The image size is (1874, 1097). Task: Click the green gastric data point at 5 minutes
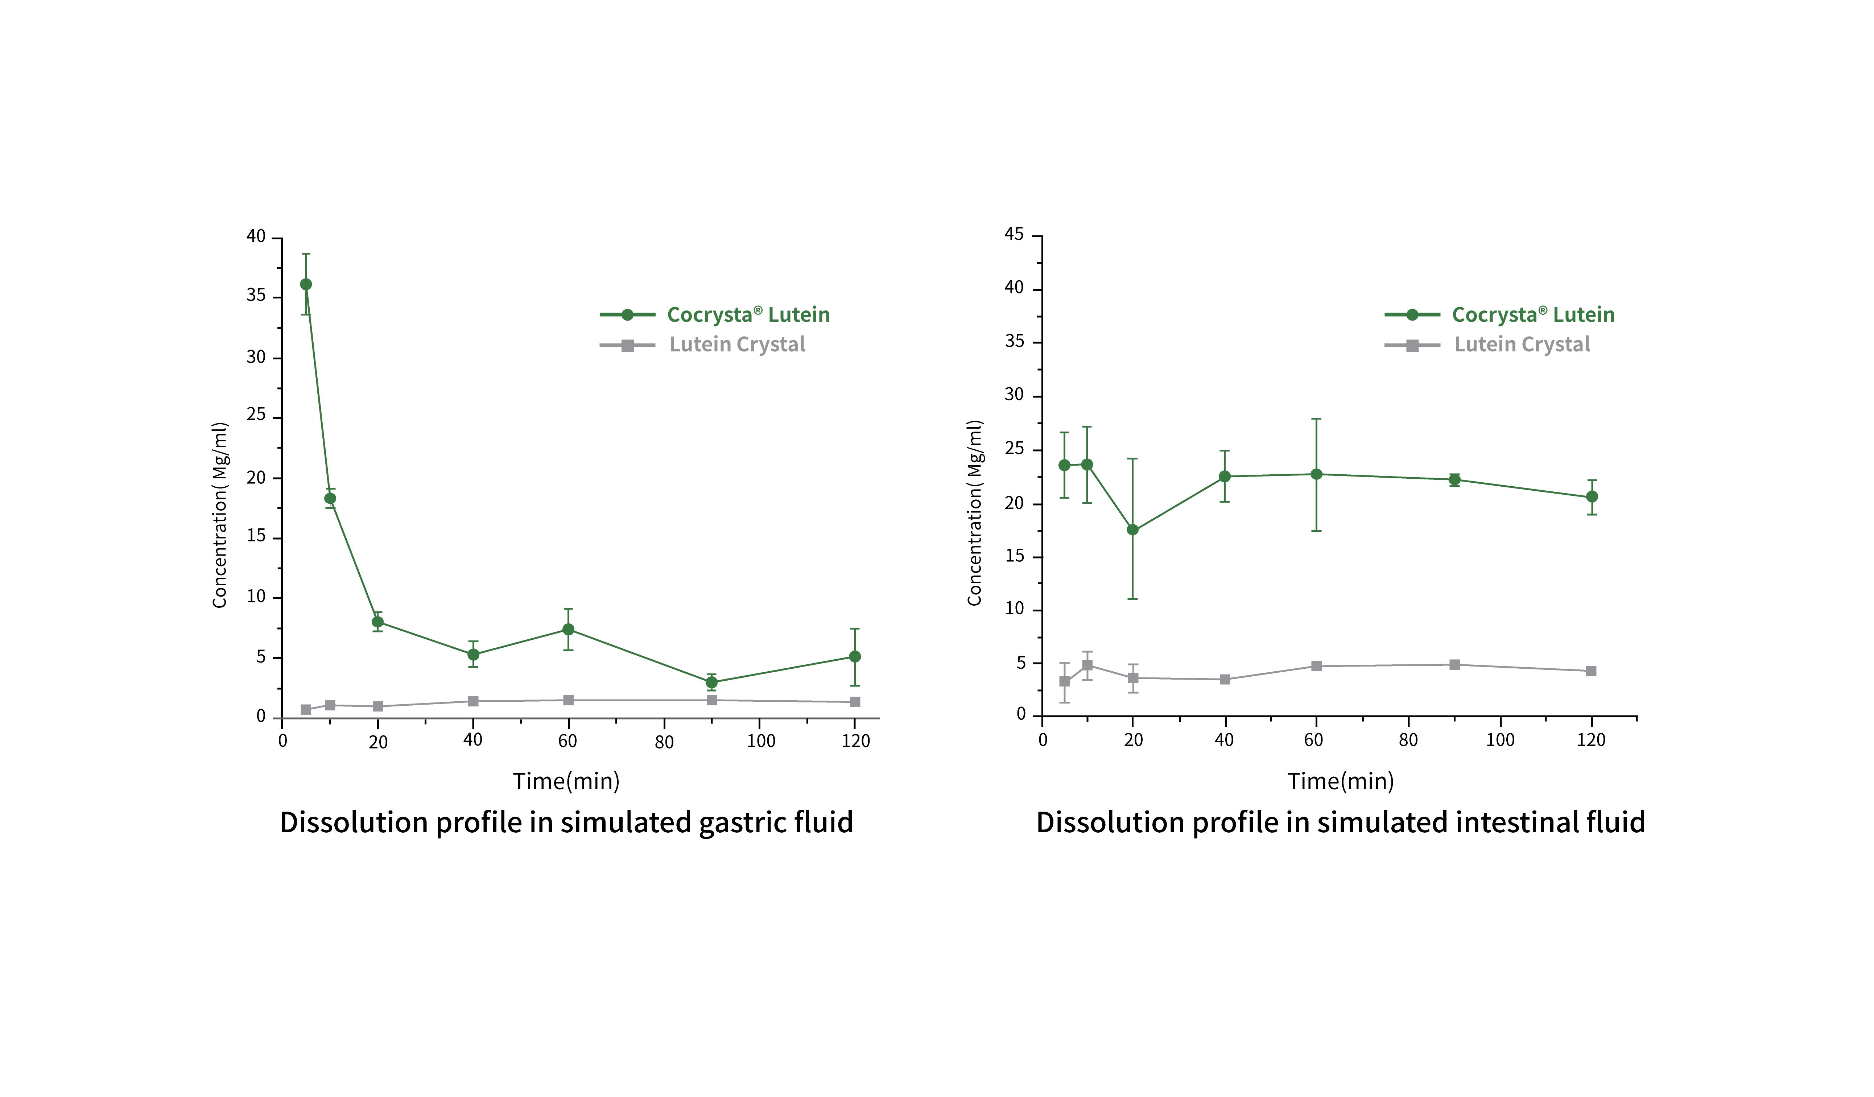306,284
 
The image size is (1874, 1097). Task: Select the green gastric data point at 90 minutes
712,682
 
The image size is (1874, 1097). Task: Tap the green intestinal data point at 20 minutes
1132,529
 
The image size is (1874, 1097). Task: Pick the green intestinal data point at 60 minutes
1316,474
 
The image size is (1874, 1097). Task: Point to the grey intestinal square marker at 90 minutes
1454,664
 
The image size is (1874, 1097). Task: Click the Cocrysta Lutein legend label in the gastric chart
748,315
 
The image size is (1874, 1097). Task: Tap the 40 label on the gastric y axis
256,236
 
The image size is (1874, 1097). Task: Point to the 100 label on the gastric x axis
761,741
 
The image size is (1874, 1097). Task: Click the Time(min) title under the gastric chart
566,781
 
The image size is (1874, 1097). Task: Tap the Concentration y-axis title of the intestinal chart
974,513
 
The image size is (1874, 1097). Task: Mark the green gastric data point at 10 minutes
330,498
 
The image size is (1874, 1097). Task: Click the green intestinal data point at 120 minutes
1592,496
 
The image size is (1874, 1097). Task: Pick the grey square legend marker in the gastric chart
628,345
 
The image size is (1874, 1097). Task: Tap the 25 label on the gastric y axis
256,414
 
